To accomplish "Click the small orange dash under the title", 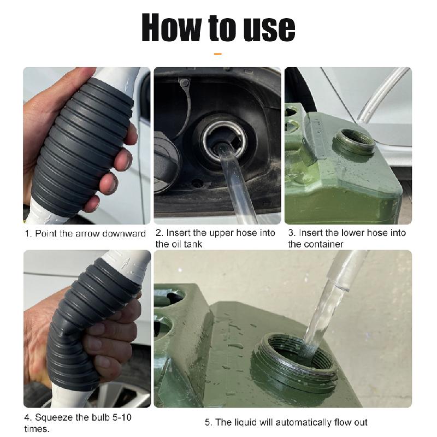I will click(x=218, y=54).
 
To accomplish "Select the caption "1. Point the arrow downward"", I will click(x=85, y=234).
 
